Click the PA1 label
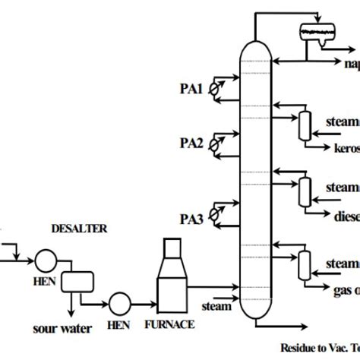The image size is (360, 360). click(x=190, y=89)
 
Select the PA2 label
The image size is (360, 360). click(x=190, y=142)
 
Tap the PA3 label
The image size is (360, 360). click(x=190, y=199)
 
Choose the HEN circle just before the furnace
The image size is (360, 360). click(x=119, y=303)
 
